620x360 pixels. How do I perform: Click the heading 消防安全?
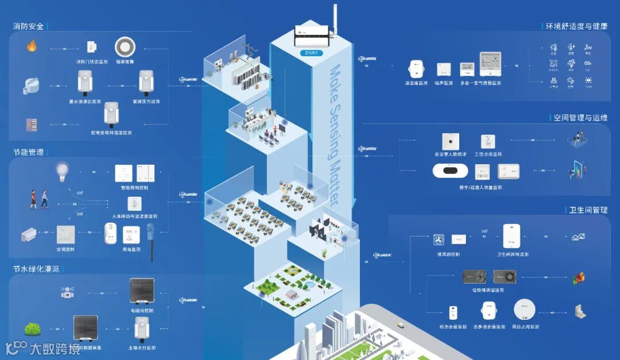click(29, 26)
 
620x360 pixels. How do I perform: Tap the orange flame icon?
click(32, 46)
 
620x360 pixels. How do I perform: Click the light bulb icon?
click(62, 170)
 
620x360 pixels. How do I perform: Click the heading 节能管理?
click(29, 152)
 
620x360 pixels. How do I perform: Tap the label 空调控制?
click(65, 249)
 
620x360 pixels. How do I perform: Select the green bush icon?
click(32, 329)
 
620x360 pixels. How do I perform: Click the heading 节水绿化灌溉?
click(36, 269)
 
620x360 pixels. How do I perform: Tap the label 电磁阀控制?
click(142, 310)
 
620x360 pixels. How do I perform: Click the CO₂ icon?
click(588, 64)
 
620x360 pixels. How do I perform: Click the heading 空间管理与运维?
click(580, 118)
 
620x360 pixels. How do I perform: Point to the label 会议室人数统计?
click(450, 154)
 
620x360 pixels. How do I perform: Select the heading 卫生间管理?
click(584, 210)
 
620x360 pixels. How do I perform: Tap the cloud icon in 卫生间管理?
click(578, 237)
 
